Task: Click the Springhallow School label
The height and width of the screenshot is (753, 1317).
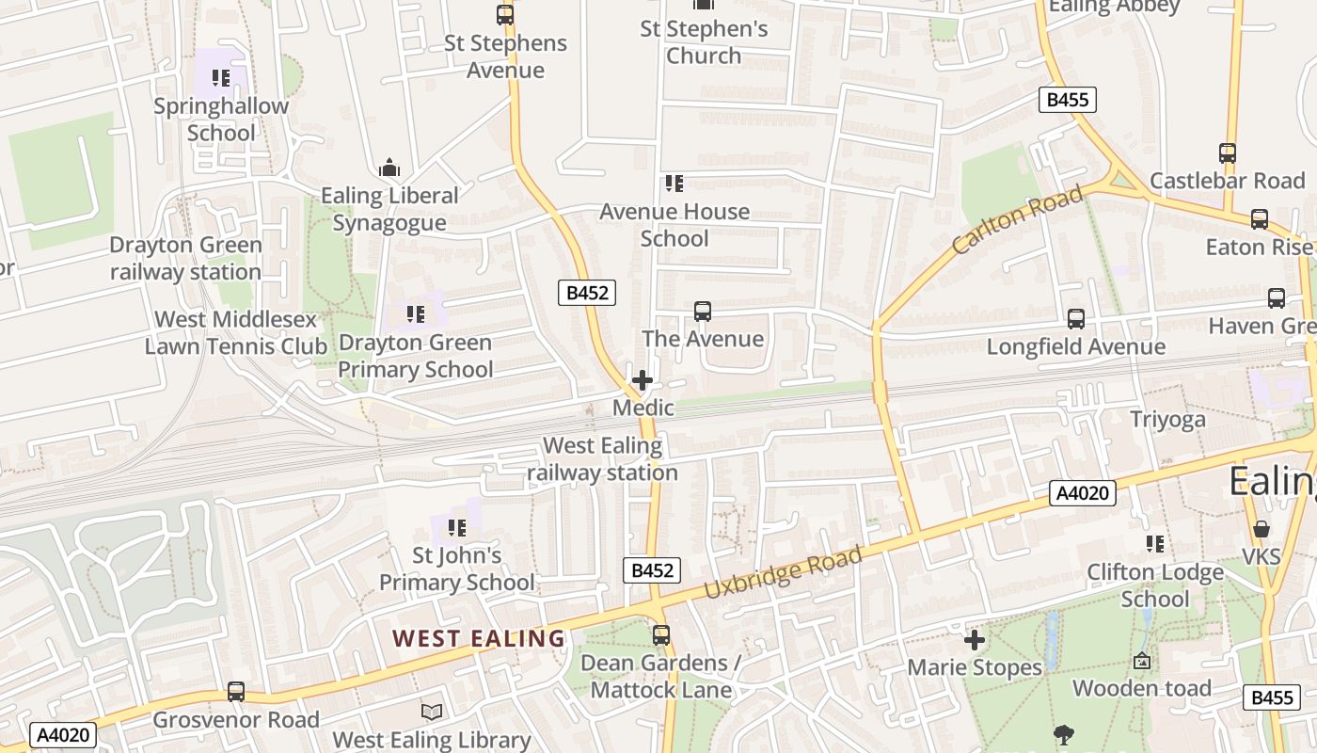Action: (x=221, y=120)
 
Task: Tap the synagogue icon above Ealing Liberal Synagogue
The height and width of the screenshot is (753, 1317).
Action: (x=389, y=169)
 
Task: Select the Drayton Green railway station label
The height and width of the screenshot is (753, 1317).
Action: (x=185, y=259)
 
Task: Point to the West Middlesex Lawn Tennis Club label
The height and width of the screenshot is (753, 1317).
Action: (x=235, y=333)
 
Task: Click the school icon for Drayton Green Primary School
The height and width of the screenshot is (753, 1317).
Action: (x=415, y=313)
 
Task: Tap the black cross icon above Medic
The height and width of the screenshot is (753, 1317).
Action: (x=643, y=380)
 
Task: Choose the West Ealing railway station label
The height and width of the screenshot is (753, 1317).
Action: (x=603, y=459)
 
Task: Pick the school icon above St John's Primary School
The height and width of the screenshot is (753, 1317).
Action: (x=457, y=528)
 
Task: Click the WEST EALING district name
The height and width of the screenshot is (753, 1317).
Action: (x=479, y=638)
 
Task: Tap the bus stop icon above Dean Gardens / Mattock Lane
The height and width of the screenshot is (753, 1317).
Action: (x=661, y=635)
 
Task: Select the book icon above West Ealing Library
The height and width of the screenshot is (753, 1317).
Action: (x=432, y=713)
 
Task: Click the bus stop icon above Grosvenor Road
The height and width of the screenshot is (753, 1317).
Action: (x=236, y=692)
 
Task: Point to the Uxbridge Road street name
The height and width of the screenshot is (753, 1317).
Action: (x=783, y=573)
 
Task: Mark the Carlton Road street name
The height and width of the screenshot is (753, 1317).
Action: (x=1016, y=221)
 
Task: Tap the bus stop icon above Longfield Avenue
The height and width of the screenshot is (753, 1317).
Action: (x=1076, y=319)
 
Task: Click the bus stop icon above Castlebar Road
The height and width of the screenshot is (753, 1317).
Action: (x=1228, y=152)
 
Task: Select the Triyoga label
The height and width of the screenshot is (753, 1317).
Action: (x=1167, y=420)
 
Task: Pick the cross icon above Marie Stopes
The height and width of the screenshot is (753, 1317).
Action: (x=975, y=640)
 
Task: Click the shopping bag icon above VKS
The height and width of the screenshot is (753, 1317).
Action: (x=1261, y=529)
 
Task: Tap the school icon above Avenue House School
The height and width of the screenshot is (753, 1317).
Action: (x=674, y=184)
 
